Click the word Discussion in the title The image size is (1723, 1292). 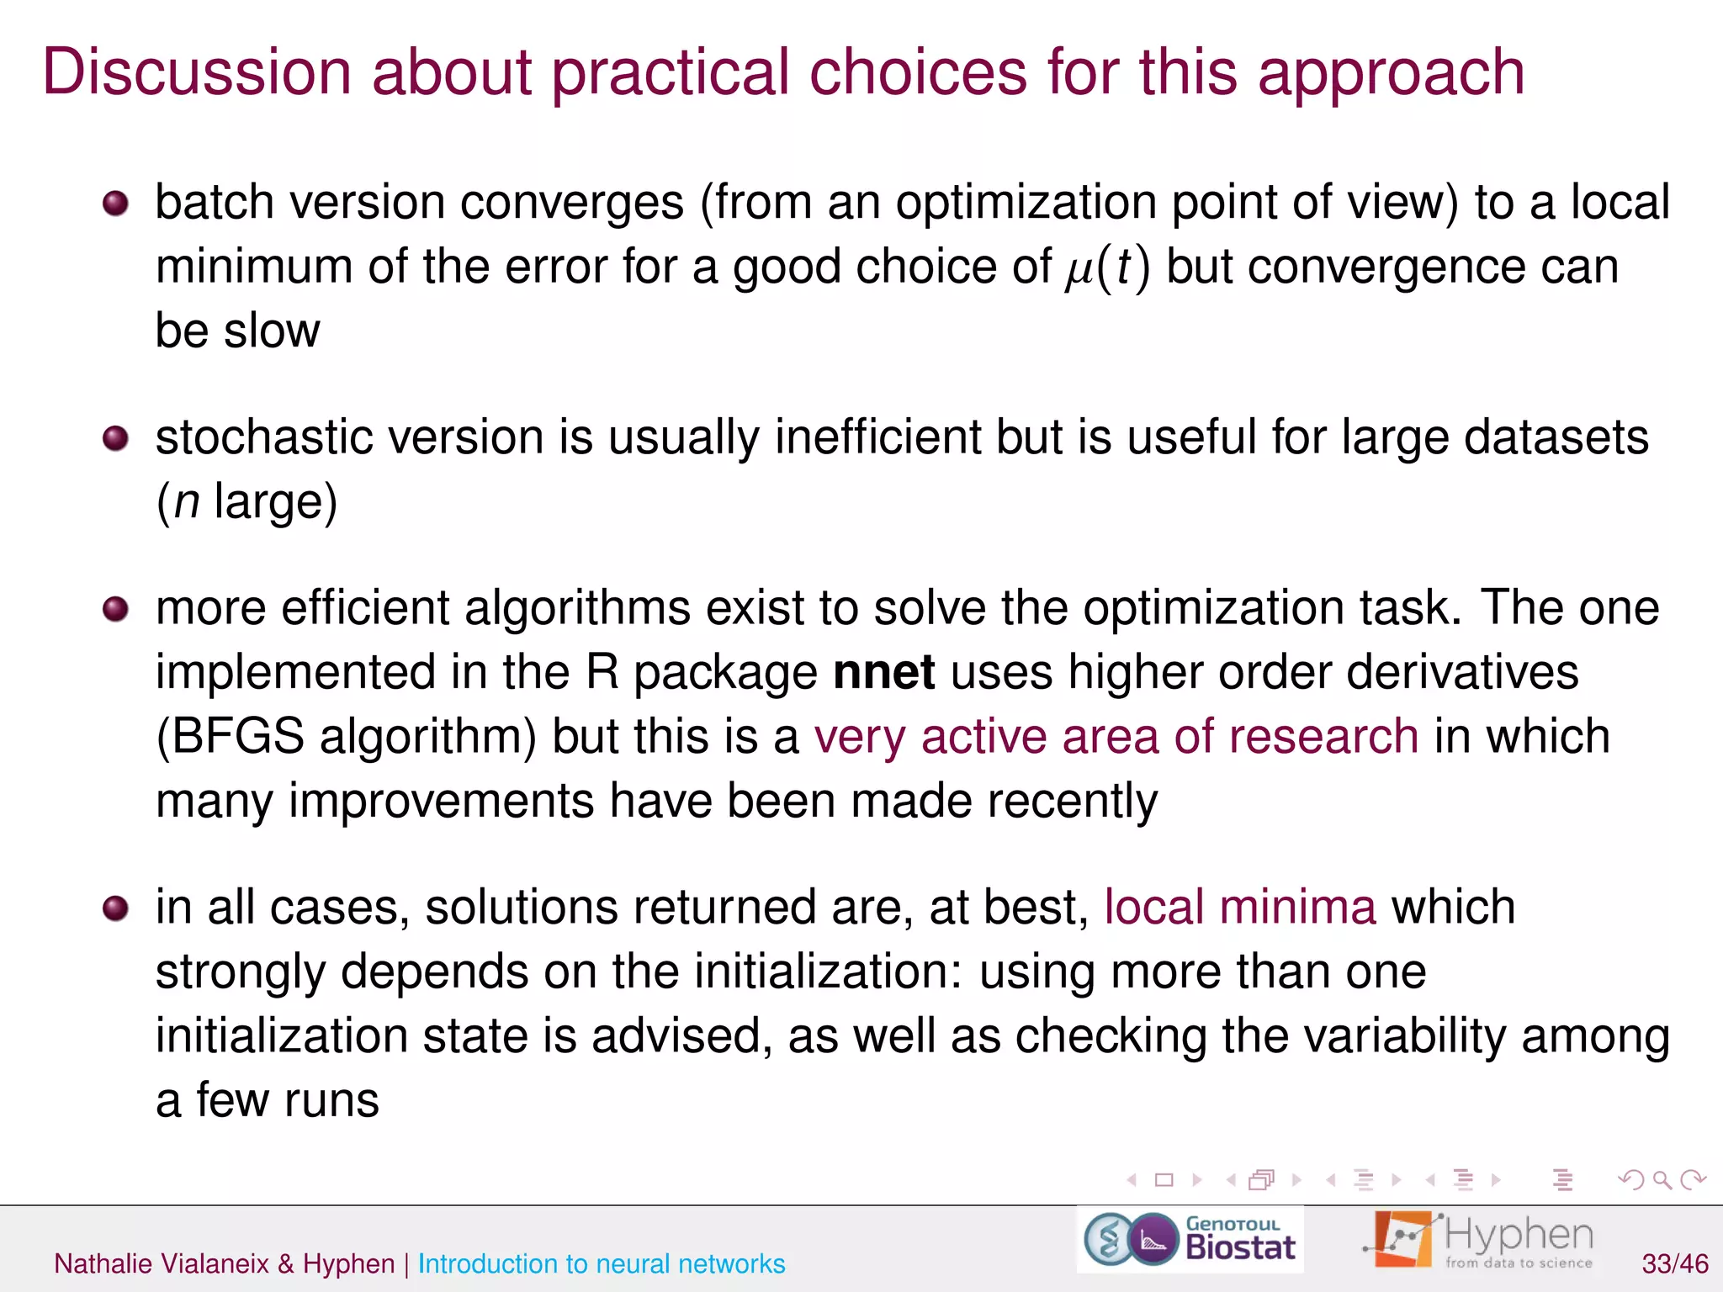click(x=197, y=72)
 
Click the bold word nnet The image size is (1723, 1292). click(x=883, y=673)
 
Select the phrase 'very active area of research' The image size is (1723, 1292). click(x=1116, y=737)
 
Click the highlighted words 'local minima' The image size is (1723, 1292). click(x=1240, y=908)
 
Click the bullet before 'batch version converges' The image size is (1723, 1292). click(x=115, y=204)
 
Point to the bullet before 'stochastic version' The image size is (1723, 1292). click(x=115, y=438)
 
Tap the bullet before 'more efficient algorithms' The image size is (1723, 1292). click(x=115, y=609)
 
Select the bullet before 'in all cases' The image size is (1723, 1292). click(x=115, y=908)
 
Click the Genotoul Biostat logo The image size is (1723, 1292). click(x=1190, y=1240)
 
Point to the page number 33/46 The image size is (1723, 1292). click(x=1674, y=1263)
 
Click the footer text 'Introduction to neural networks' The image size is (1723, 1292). click(x=601, y=1263)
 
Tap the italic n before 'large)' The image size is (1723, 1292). click(x=187, y=503)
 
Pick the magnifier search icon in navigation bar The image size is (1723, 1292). click(x=1662, y=1180)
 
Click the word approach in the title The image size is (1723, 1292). click(x=1390, y=72)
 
